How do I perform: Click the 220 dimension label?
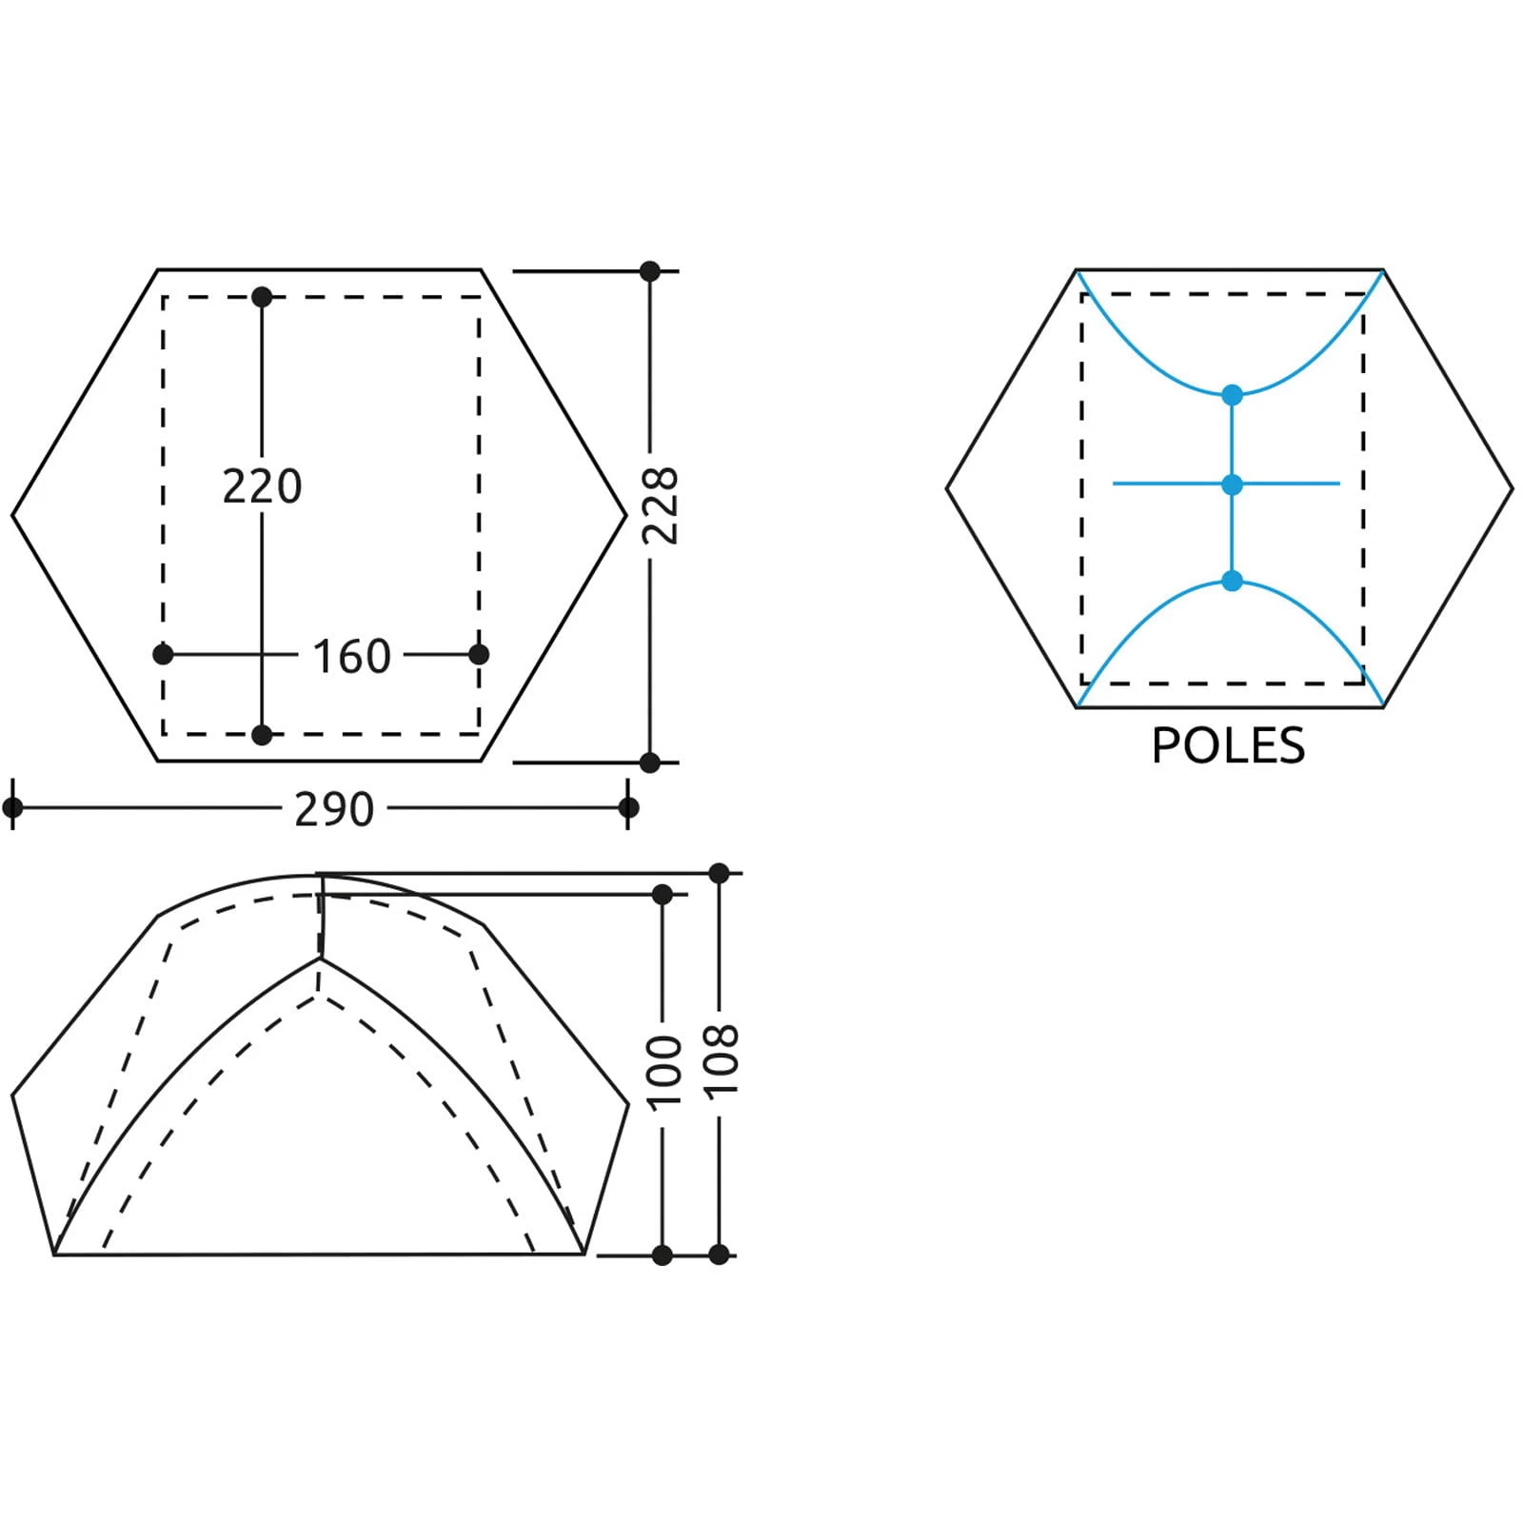click(262, 486)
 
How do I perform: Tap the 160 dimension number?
click(351, 657)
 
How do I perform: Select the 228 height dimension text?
click(661, 505)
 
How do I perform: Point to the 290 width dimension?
click(333, 810)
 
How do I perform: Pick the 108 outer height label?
click(722, 1061)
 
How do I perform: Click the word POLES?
click(1228, 745)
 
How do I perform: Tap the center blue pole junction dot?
click(1232, 485)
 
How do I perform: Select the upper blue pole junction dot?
click(1232, 394)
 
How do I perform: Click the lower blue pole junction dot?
click(1232, 581)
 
